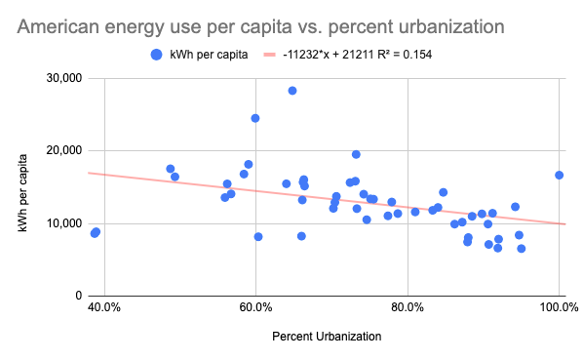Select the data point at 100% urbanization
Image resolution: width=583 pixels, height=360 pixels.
[559, 176]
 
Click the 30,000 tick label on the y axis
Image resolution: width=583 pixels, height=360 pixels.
[64, 78]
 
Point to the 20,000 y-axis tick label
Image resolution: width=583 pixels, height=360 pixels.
[64, 150]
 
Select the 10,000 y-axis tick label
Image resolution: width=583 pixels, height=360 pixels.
[64, 223]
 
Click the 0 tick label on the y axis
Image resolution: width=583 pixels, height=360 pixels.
[78, 296]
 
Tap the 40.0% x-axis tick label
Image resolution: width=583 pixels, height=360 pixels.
[104, 307]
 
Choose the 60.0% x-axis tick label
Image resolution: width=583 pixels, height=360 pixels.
[255, 307]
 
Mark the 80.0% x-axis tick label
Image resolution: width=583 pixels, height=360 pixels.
[408, 307]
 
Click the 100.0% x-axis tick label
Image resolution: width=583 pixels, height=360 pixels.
[559, 307]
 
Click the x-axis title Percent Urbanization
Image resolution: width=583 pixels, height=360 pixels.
[327, 337]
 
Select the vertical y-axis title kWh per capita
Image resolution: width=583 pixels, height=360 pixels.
[22, 193]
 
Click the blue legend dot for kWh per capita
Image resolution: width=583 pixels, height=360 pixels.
[157, 55]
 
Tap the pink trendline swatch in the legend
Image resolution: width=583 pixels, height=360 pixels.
[269, 55]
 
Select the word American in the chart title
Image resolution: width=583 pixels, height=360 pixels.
[58, 26]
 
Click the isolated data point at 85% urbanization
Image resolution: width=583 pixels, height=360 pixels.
[443, 192]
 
